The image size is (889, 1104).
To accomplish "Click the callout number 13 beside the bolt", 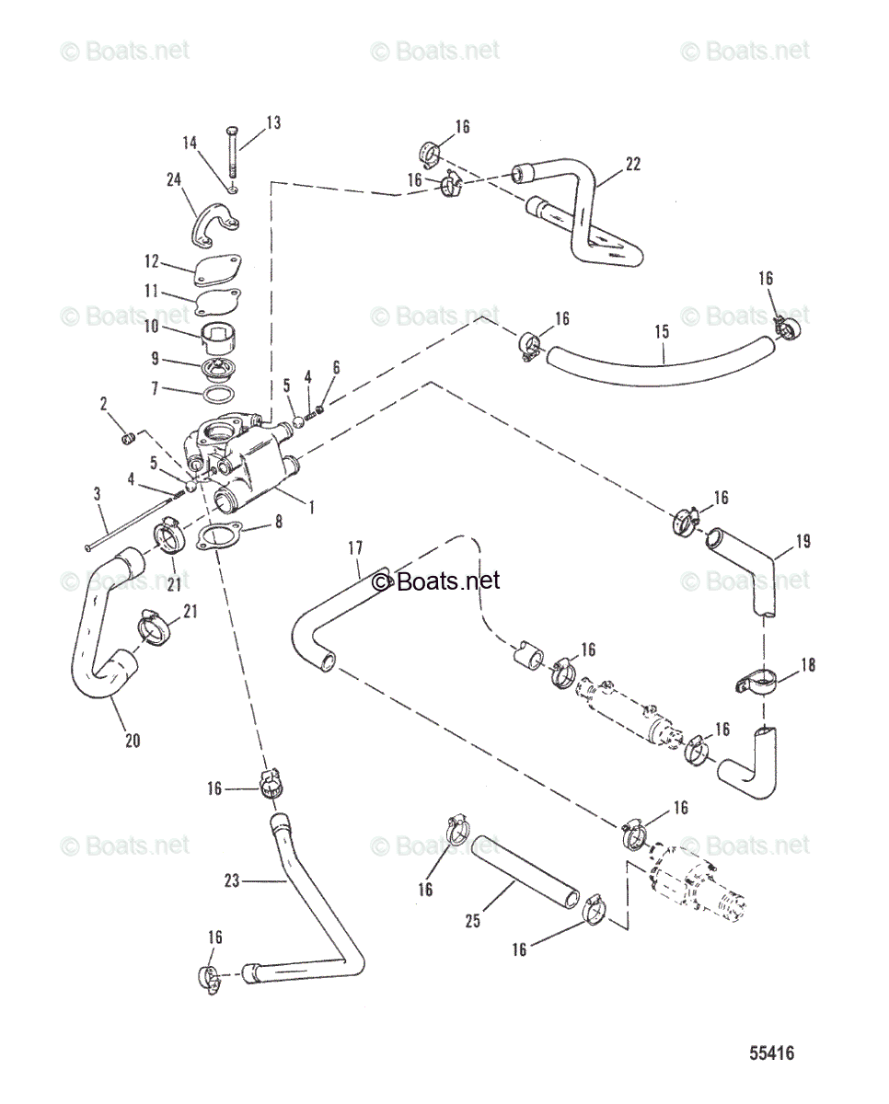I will point(274,122).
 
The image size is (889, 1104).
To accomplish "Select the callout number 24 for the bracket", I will point(174,180).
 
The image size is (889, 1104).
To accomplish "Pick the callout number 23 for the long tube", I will point(231,880).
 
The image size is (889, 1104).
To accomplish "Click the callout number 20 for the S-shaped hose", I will point(133,739).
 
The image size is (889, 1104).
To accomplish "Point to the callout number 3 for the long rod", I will point(98,495).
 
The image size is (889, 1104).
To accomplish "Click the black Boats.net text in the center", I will point(436,581).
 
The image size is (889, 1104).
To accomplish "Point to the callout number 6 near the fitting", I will point(336,367).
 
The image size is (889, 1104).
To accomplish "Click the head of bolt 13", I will point(231,126).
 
